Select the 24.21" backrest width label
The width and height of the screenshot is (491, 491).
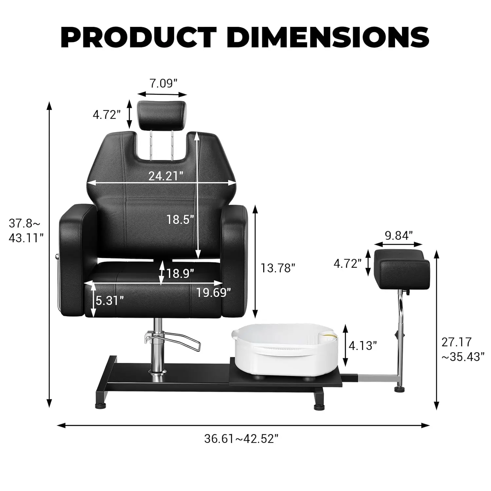pos(166,176)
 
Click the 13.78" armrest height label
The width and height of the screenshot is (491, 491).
pos(278,268)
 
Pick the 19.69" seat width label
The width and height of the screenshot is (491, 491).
pos(214,292)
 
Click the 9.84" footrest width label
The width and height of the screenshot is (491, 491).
pos(398,235)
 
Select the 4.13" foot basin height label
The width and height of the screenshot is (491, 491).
pos(363,345)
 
